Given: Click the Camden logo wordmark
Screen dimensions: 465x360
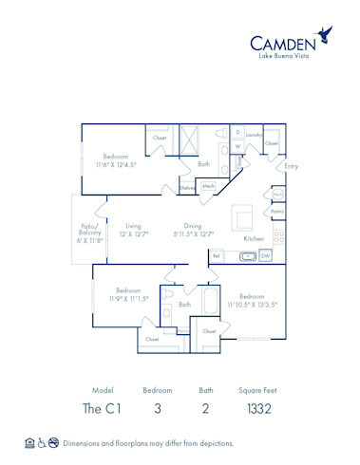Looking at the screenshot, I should click(x=283, y=42).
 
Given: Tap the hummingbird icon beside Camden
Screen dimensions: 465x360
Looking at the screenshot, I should click(x=326, y=34).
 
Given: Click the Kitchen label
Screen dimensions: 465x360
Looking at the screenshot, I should click(x=254, y=238).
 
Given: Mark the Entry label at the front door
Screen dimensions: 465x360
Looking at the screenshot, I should click(x=291, y=166).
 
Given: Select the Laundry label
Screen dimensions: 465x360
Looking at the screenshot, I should click(x=253, y=135).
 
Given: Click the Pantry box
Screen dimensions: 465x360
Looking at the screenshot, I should click(x=277, y=212).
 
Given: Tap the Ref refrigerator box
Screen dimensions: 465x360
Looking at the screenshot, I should click(x=217, y=255).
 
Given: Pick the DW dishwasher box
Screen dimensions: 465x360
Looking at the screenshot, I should click(x=265, y=255).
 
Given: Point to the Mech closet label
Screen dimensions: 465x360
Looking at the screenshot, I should click(x=208, y=186).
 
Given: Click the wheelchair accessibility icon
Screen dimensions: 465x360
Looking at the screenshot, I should click(x=42, y=443).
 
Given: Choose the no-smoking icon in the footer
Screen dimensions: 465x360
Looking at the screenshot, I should click(x=54, y=443).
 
